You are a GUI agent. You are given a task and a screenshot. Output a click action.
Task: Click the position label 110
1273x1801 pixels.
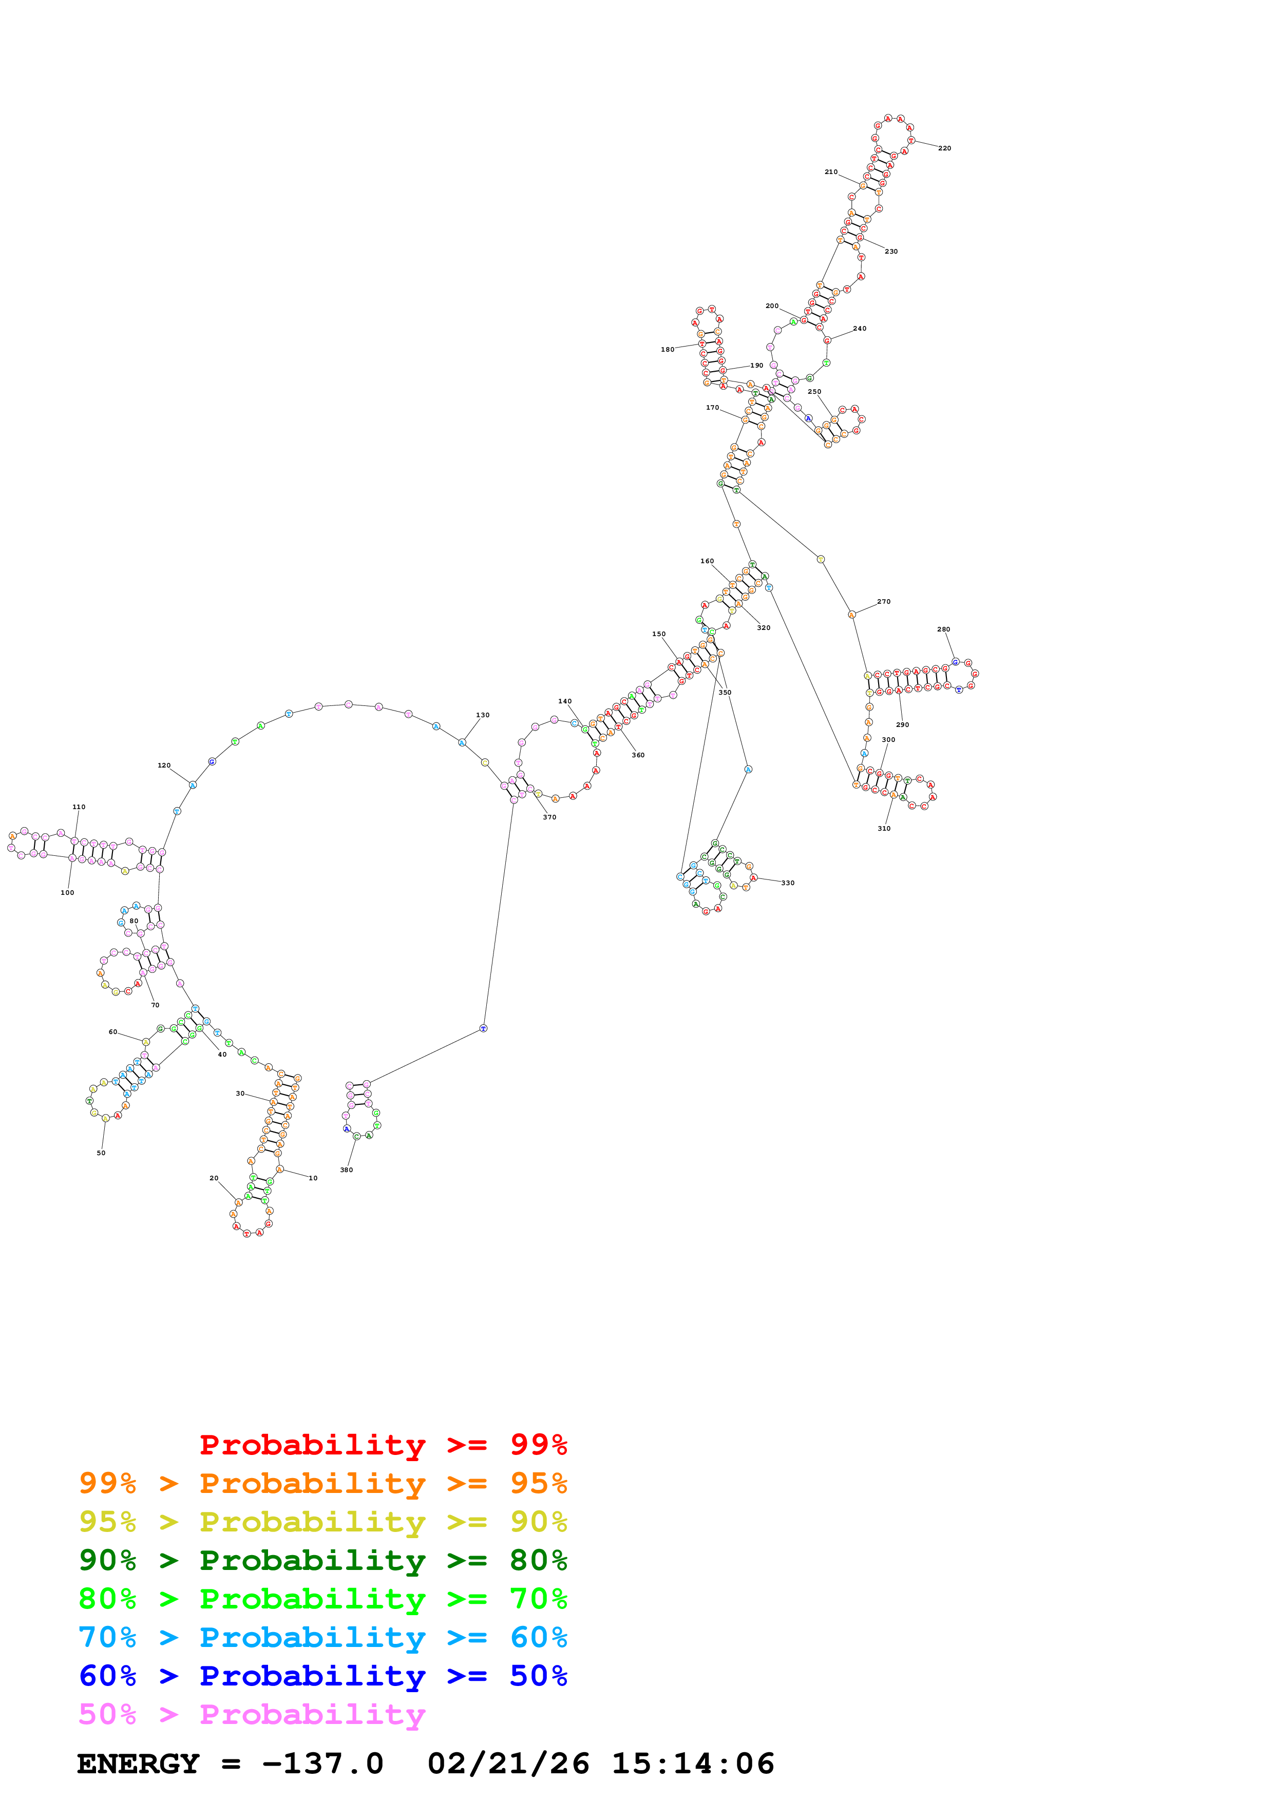pos(79,807)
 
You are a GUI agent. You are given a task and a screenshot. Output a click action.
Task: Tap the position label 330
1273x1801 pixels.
pos(788,883)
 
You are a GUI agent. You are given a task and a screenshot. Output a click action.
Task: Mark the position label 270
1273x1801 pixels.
pos(883,602)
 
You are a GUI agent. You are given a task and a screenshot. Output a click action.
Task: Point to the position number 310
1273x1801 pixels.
pos(883,828)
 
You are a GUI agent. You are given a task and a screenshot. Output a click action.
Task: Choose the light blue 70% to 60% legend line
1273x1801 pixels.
pos(322,1637)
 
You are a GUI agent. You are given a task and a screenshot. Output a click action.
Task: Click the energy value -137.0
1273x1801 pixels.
pos(322,1764)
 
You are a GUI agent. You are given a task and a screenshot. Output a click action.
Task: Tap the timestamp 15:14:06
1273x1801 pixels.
pos(693,1764)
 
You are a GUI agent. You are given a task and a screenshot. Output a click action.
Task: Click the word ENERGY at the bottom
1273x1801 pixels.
pos(138,1764)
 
